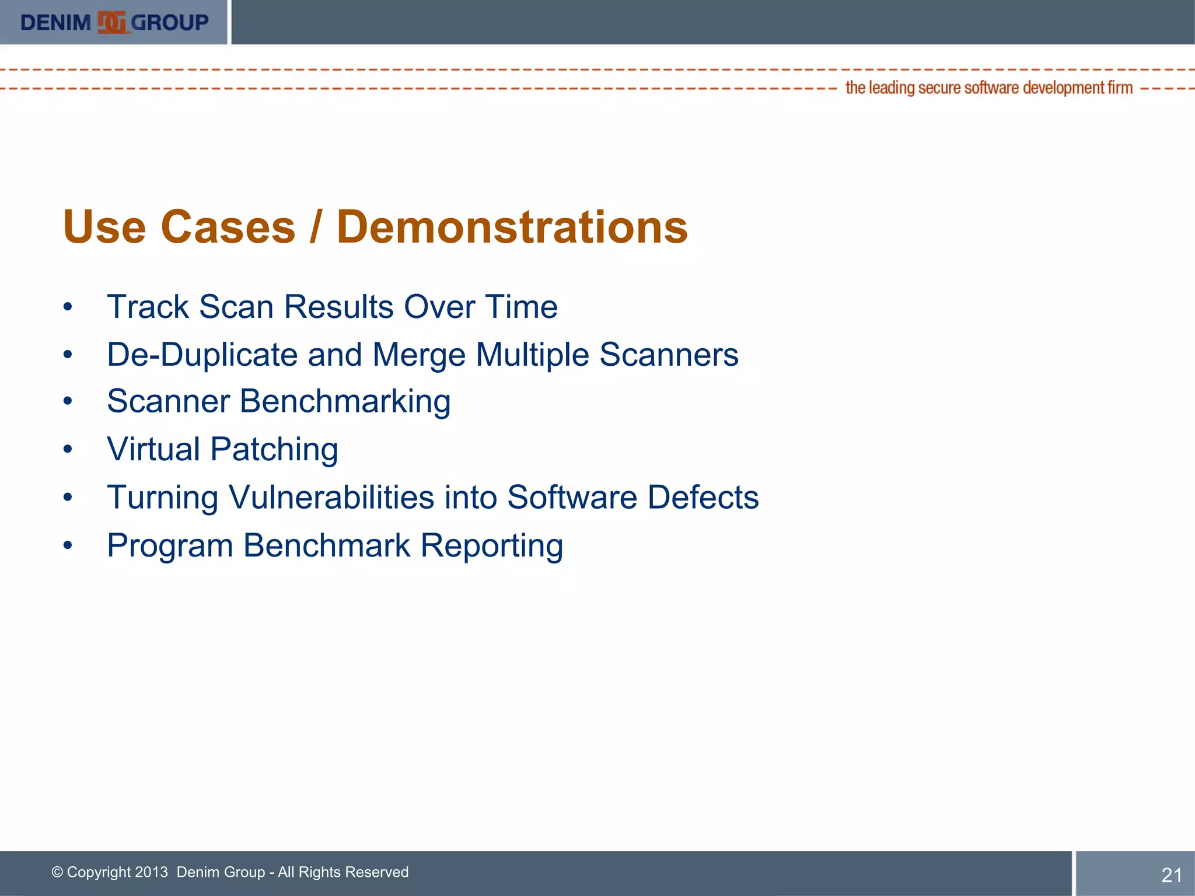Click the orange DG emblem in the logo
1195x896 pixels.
tap(111, 22)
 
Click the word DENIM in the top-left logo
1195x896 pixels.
tap(55, 23)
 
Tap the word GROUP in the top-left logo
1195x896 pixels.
tap(169, 23)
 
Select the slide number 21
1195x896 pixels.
tap(1172, 875)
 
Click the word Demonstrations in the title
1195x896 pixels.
tap(512, 227)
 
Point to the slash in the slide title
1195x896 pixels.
tap(315, 227)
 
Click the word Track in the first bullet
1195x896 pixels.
tap(148, 307)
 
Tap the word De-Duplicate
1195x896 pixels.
tap(202, 355)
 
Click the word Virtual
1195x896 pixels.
tap(153, 449)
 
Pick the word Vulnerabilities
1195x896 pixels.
tap(331, 498)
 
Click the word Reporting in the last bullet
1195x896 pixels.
tap(491, 546)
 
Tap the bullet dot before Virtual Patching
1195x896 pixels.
tap(68, 449)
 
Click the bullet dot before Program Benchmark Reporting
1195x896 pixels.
tap(68, 545)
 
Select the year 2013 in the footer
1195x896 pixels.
tap(151, 872)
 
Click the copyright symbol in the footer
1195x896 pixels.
tap(57, 872)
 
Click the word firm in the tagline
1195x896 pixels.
tap(1120, 88)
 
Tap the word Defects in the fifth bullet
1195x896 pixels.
tap(703, 498)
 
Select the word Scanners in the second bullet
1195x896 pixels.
tap(669, 355)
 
